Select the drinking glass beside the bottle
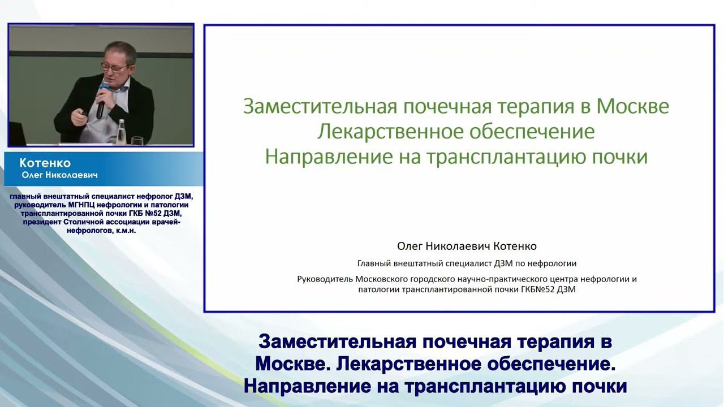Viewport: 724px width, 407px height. click(136, 141)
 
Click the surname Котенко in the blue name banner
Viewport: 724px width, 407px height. click(45, 163)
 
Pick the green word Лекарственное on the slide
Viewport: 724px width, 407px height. click(386, 132)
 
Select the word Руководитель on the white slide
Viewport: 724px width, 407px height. click(325, 279)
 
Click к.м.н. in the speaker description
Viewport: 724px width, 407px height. click(124, 231)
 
